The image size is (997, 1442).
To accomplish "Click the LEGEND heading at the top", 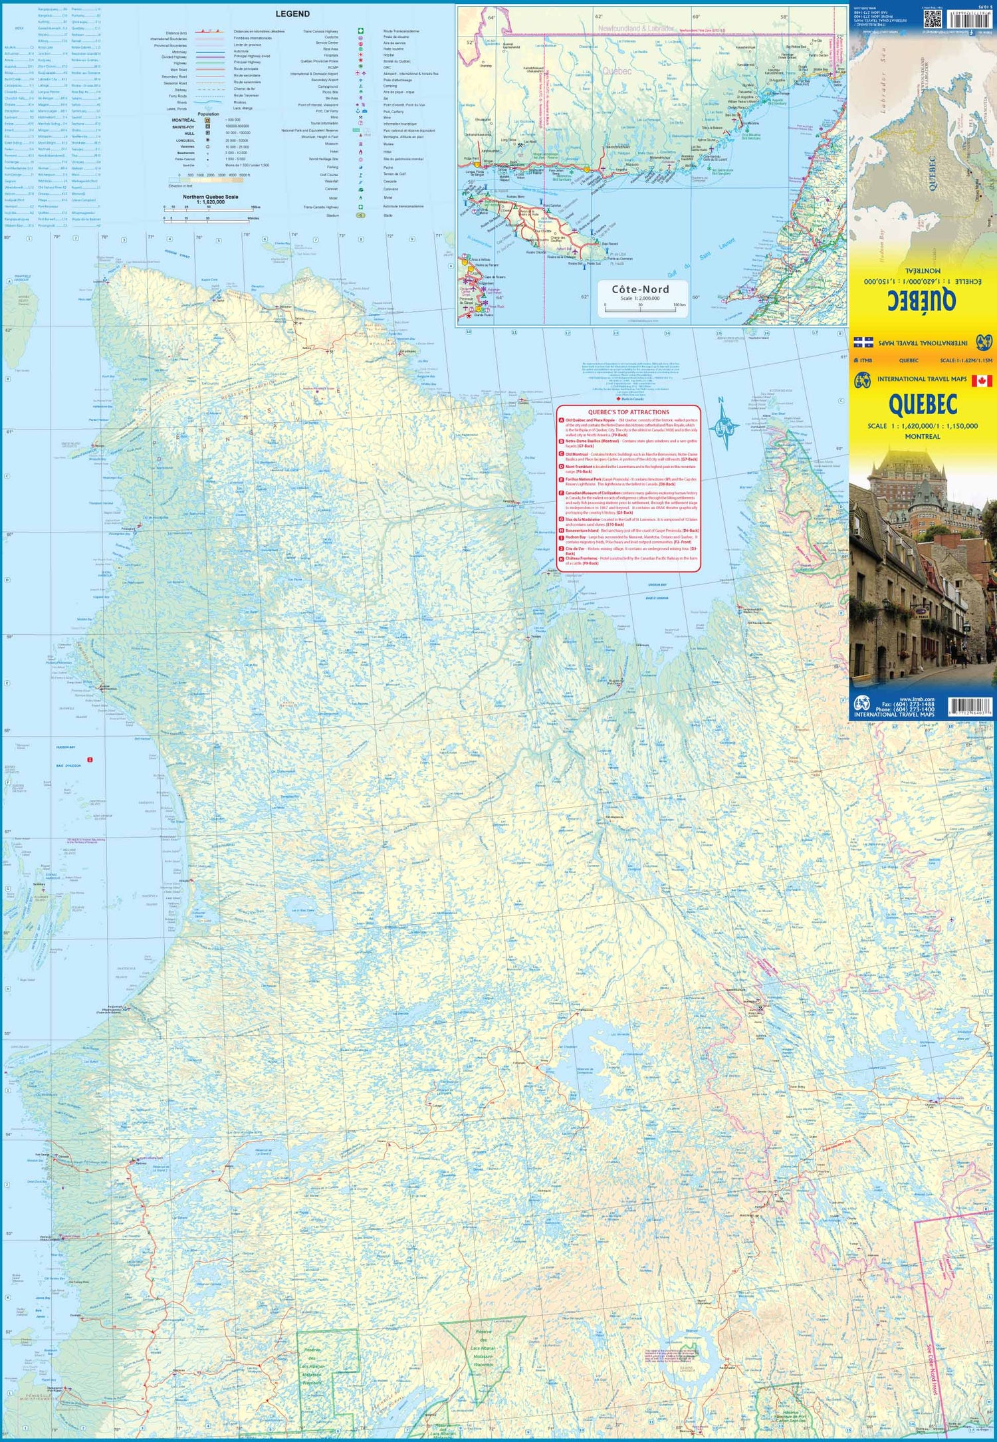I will pos(292,14).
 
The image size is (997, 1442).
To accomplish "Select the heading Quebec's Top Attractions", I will pos(628,412).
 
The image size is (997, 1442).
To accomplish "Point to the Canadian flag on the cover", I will pos(981,381).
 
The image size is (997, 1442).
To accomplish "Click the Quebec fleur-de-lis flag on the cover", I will pos(863,342).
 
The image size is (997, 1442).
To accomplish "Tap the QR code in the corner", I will pos(933,18).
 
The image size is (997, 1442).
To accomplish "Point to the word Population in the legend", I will pos(208,114).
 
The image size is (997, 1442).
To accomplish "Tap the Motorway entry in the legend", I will pos(179,51).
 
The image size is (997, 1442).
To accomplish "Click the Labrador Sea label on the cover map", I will pos(885,86).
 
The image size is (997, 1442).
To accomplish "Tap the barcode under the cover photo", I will pos(970,705).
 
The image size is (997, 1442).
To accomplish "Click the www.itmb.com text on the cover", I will pos(917,699).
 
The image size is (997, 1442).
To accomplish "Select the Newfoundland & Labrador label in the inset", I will pos(635,29).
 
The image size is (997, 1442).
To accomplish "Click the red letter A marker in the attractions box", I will pos(562,420).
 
